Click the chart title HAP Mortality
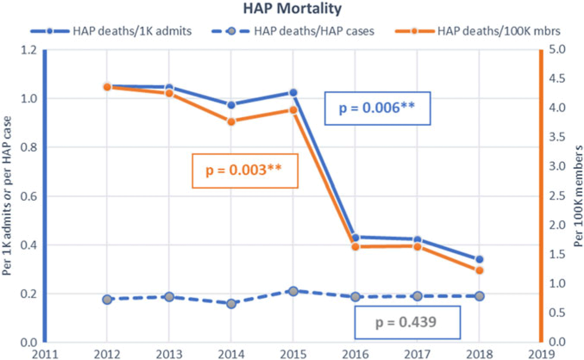pos(292,9)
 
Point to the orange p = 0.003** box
pos(244,171)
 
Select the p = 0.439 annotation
pos(407,322)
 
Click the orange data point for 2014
pos(231,121)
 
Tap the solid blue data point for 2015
pos(293,93)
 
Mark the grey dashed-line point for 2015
pos(293,292)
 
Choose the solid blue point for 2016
pos(355,238)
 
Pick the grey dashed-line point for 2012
pos(107,300)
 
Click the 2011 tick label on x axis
pos(44,355)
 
